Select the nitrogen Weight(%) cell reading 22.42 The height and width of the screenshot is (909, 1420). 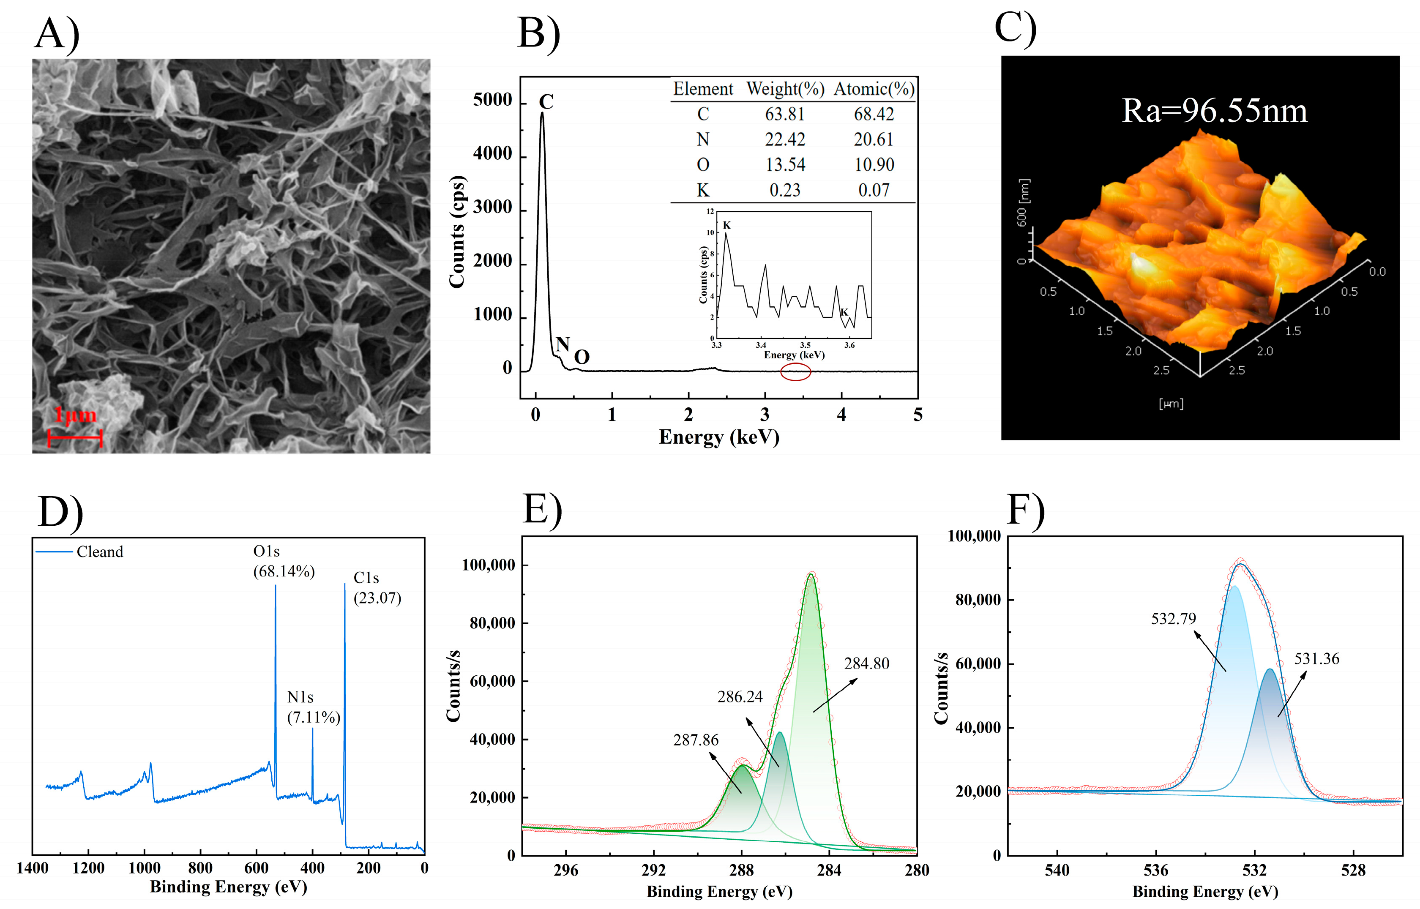click(784, 139)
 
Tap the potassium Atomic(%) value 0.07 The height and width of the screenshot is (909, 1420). click(874, 190)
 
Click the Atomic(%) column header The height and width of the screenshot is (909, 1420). click(874, 89)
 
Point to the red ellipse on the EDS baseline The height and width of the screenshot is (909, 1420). click(795, 372)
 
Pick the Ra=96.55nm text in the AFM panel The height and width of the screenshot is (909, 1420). click(1214, 111)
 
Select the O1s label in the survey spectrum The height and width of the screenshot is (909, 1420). click(266, 551)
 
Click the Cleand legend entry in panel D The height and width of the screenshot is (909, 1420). click(100, 552)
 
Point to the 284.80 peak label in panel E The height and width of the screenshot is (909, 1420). click(866, 663)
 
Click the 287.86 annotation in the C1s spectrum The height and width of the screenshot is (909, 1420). click(695, 740)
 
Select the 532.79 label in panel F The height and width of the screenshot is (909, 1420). click(1173, 619)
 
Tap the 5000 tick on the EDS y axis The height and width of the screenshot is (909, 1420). click(492, 100)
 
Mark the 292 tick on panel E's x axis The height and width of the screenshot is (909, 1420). click(653, 870)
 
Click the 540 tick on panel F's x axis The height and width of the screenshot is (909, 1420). click(1057, 870)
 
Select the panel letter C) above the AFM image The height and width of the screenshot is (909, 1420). click(1015, 28)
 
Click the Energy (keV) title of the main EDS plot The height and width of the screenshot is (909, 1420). click(718, 437)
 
